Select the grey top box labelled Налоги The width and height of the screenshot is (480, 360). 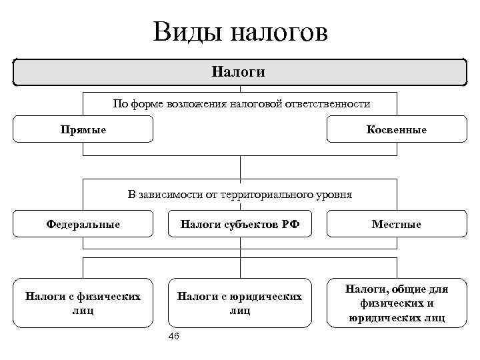pos(240,72)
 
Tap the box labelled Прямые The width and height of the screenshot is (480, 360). pos(83,129)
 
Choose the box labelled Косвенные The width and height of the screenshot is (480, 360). pos(396,129)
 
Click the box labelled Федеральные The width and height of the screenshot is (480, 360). pos(83,224)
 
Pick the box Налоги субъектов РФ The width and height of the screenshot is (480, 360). pos(240,224)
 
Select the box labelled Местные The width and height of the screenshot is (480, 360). pos(396,224)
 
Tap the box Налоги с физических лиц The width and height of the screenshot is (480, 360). pos(83,303)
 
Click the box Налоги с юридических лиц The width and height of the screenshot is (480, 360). pos(239,303)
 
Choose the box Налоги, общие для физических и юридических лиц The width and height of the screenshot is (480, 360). pos(396,303)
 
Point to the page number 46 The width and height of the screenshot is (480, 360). pos(175,337)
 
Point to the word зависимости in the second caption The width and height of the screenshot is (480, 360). pos(168,195)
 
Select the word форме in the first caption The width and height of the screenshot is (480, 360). pos(139,105)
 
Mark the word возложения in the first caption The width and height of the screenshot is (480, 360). pos(191,105)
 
